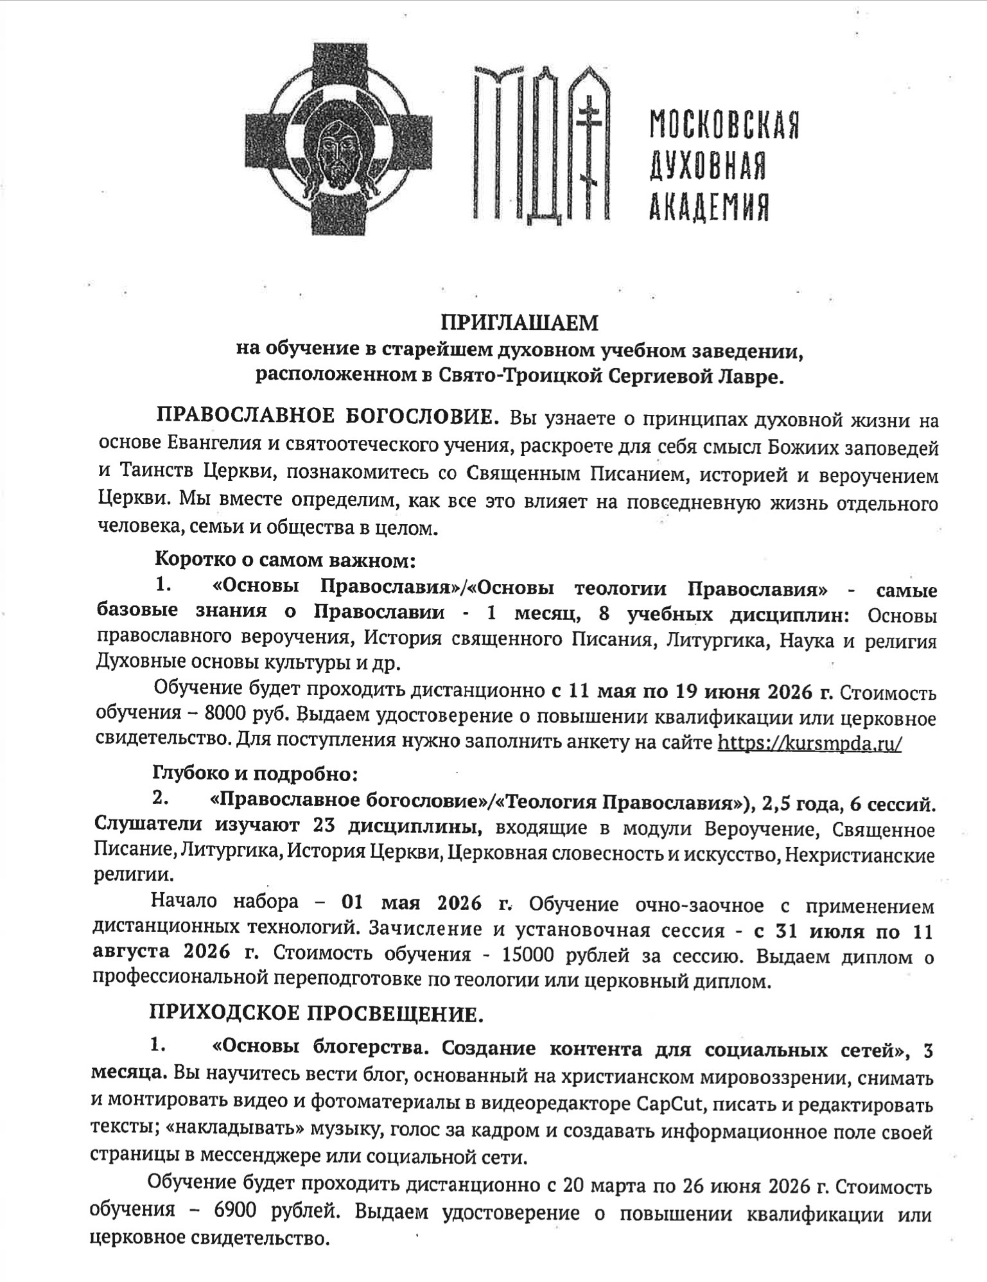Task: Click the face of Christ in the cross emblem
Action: click(338, 145)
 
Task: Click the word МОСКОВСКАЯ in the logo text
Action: click(724, 125)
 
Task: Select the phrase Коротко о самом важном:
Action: click(286, 560)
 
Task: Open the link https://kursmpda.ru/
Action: click(809, 743)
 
